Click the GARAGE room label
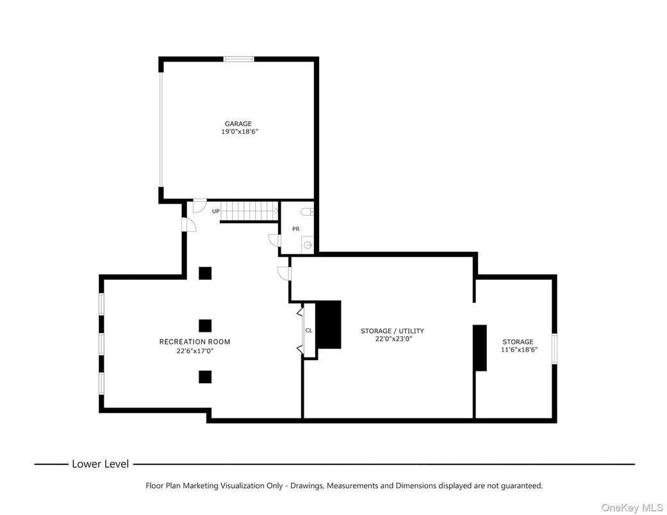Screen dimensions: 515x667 238,124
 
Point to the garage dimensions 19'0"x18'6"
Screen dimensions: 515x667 239,132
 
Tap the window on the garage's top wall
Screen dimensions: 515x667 239,60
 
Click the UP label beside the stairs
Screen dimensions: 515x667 216,211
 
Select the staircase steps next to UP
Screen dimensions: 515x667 250,211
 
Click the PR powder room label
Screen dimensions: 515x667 295,229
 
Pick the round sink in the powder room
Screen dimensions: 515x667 308,245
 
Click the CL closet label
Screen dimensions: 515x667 309,331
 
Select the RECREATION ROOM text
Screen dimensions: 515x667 195,342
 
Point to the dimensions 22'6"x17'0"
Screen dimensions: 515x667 195,351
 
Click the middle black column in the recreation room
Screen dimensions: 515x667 205,325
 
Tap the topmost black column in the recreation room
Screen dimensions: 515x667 205,274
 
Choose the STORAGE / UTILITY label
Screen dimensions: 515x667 392,331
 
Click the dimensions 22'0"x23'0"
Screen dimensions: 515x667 393,339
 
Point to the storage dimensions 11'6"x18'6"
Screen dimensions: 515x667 519,350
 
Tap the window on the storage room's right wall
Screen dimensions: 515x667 555,348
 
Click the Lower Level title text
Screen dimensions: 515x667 100,464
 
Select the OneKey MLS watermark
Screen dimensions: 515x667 632,507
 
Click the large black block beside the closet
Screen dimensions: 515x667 329,325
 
